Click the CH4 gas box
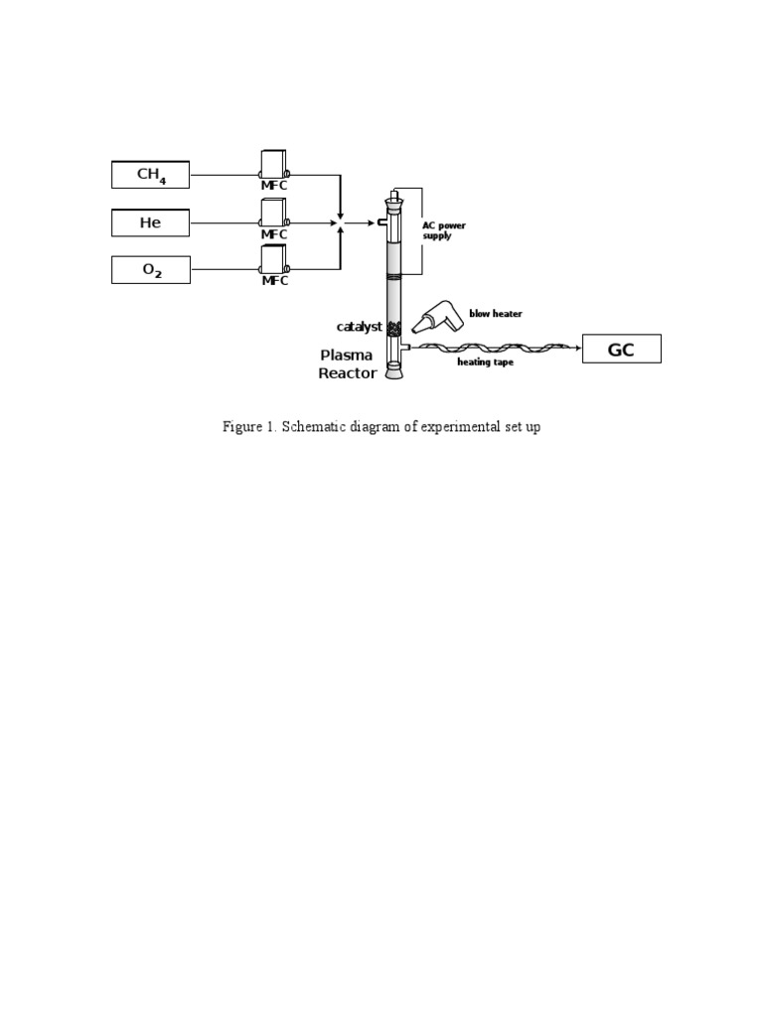pos(151,175)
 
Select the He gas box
pos(151,222)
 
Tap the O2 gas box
pos(151,270)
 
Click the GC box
pos(622,349)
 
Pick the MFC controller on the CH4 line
pos(274,164)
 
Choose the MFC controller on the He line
pos(274,213)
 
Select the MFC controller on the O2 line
pos(274,260)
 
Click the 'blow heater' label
pos(496,313)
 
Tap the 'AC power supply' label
pos(444,230)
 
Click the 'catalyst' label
pos(360,326)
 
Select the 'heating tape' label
pos(485,362)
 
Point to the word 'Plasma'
pos(347,355)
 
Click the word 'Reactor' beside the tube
pos(348,373)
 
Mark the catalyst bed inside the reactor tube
pos(393,329)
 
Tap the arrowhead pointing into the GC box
pos(578,349)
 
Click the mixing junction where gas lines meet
pos(340,222)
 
